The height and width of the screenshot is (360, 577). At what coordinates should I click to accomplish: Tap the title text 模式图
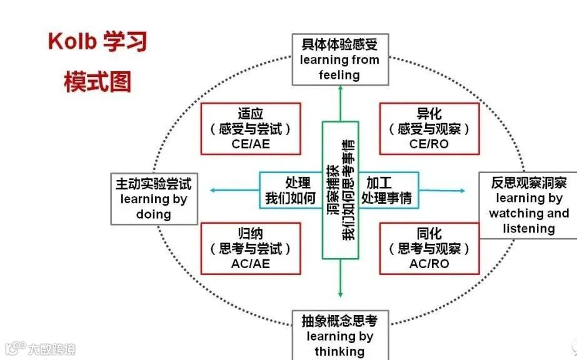(98, 81)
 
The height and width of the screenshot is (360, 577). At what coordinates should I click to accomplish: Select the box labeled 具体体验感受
(340, 59)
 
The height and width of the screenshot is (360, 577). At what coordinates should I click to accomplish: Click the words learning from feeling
(339, 67)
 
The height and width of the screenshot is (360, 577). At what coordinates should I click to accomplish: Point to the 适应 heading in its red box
(250, 114)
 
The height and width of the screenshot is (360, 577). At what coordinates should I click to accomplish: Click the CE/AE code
(250, 144)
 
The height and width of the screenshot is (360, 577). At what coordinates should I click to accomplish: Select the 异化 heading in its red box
(429, 114)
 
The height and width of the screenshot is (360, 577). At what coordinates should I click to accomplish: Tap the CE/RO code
(429, 144)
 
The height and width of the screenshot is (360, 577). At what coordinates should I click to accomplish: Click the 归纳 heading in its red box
(250, 233)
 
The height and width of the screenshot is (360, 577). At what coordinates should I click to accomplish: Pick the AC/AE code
(250, 264)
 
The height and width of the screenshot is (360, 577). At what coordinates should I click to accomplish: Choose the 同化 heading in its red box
(429, 233)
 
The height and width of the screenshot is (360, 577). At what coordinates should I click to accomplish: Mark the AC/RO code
(429, 264)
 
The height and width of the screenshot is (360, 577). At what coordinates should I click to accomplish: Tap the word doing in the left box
(154, 214)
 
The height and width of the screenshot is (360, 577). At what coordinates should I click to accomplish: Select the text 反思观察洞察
(529, 183)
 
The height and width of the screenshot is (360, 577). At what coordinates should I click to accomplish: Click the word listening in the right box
(529, 229)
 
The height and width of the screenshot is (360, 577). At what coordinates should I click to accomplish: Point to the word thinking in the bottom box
(339, 351)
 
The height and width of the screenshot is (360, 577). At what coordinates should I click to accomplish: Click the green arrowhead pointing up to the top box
(341, 89)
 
